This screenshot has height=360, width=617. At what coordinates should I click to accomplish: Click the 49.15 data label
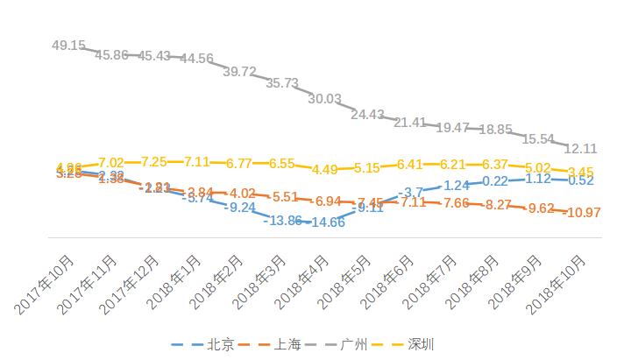click(68, 45)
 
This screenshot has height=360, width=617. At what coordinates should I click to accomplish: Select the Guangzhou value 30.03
click(324, 99)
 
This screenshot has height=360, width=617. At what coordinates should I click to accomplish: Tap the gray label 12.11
click(581, 148)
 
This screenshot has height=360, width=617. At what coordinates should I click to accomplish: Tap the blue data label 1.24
click(457, 186)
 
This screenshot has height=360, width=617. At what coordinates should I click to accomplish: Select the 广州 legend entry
click(353, 343)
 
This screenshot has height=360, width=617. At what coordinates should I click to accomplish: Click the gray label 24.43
click(367, 115)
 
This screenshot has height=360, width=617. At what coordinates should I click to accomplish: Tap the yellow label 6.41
click(410, 164)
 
